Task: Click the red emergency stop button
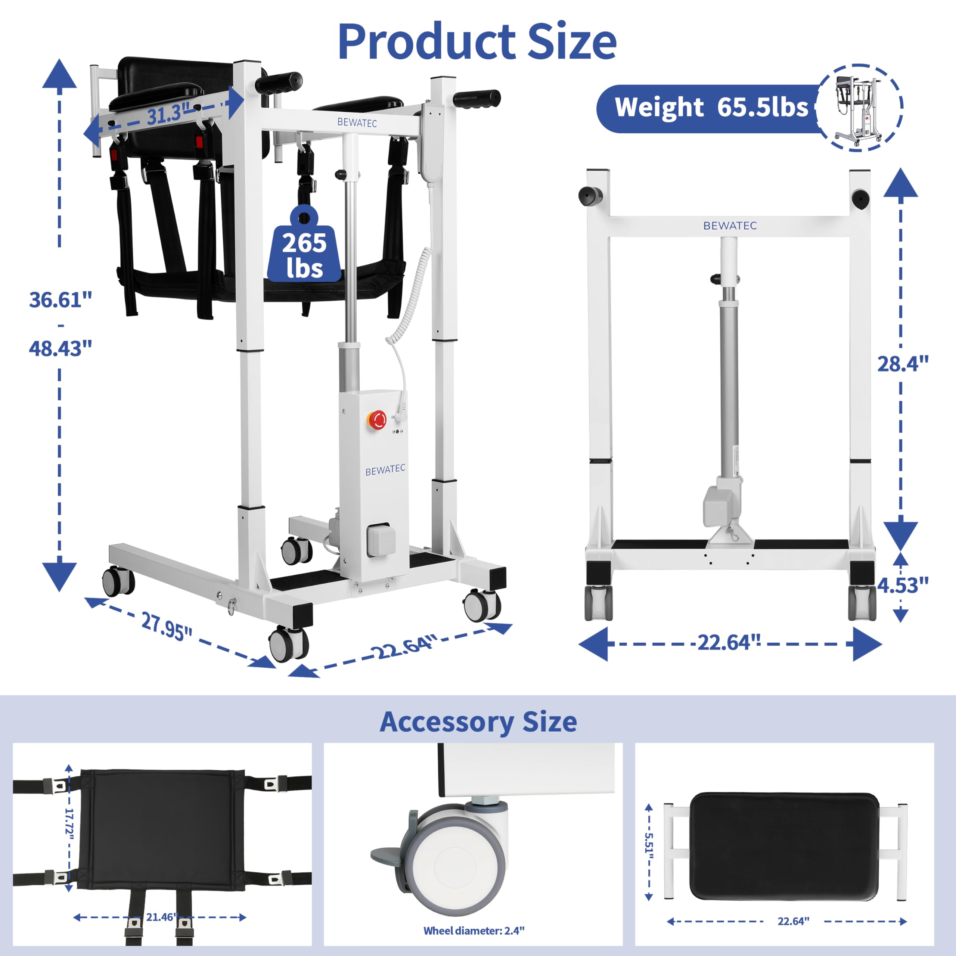tap(378, 420)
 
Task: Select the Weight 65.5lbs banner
tap(711, 108)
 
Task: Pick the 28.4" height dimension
tap(902, 364)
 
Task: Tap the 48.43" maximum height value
tap(60, 349)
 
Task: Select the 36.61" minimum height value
tap(60, 300)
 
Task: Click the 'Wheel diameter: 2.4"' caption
tap(474, 930)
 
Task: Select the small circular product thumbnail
tap(859, 108)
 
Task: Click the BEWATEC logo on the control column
tap(385, 469)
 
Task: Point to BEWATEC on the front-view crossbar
tap(730, 226)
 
